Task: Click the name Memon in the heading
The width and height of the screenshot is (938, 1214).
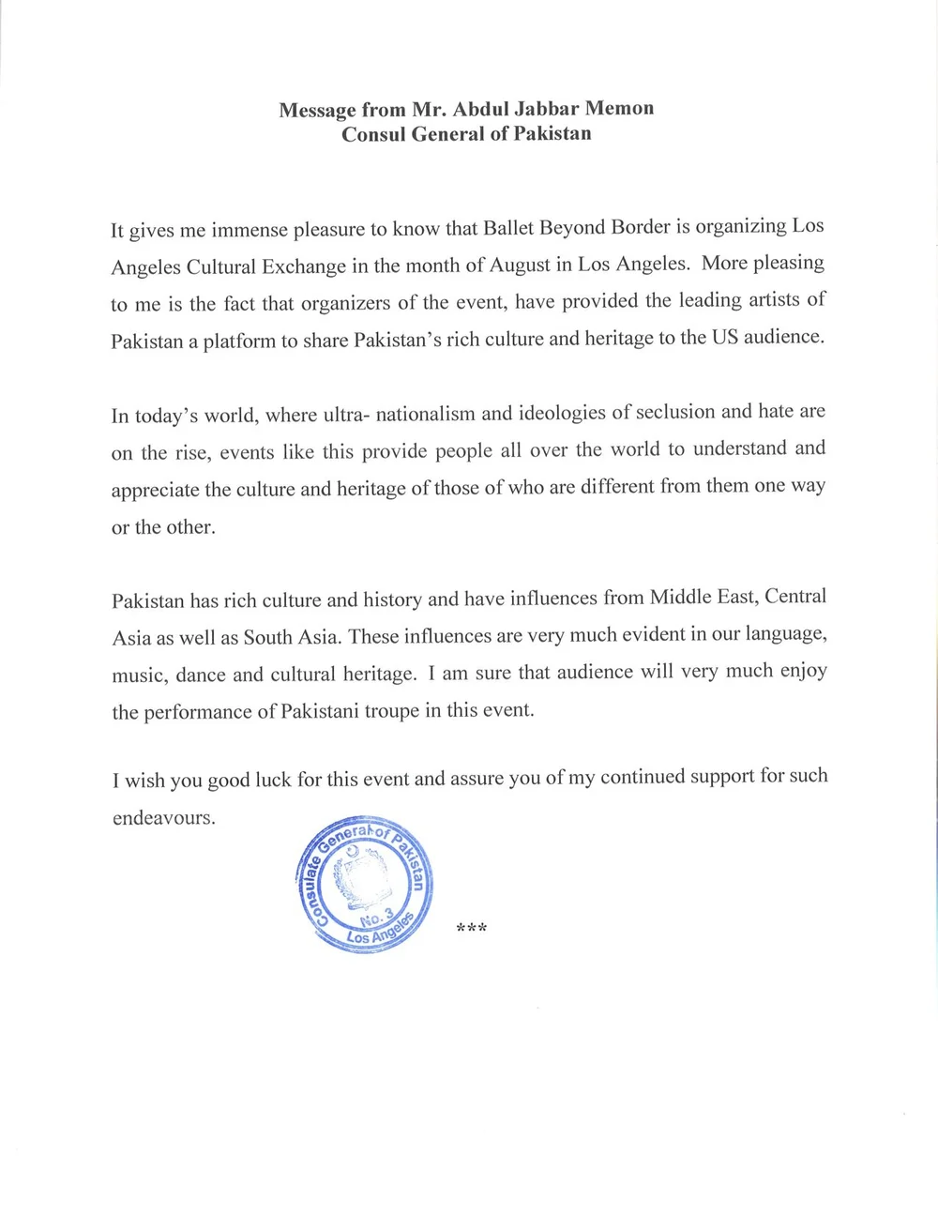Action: pos(619,109)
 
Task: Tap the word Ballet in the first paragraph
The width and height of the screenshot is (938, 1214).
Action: pos(512,228)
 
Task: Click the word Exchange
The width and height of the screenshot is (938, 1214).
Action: pos(305,266)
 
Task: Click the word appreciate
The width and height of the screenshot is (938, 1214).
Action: pos(155,490)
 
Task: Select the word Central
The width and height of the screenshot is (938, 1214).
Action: pos(795,597)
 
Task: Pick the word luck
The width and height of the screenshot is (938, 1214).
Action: pos(272,780)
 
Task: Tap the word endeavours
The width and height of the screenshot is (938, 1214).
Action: pos(163,817)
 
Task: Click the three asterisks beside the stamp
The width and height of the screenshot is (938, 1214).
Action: pos(471,929)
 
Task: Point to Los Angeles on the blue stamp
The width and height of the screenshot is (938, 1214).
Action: pos(379,932)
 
